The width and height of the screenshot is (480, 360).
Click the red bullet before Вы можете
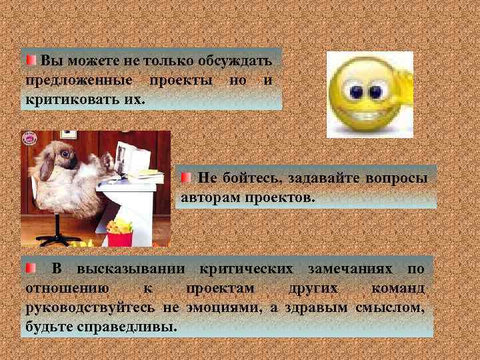31,61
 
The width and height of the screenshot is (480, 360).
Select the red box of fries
119,237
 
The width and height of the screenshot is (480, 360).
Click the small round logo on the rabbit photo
29,138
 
